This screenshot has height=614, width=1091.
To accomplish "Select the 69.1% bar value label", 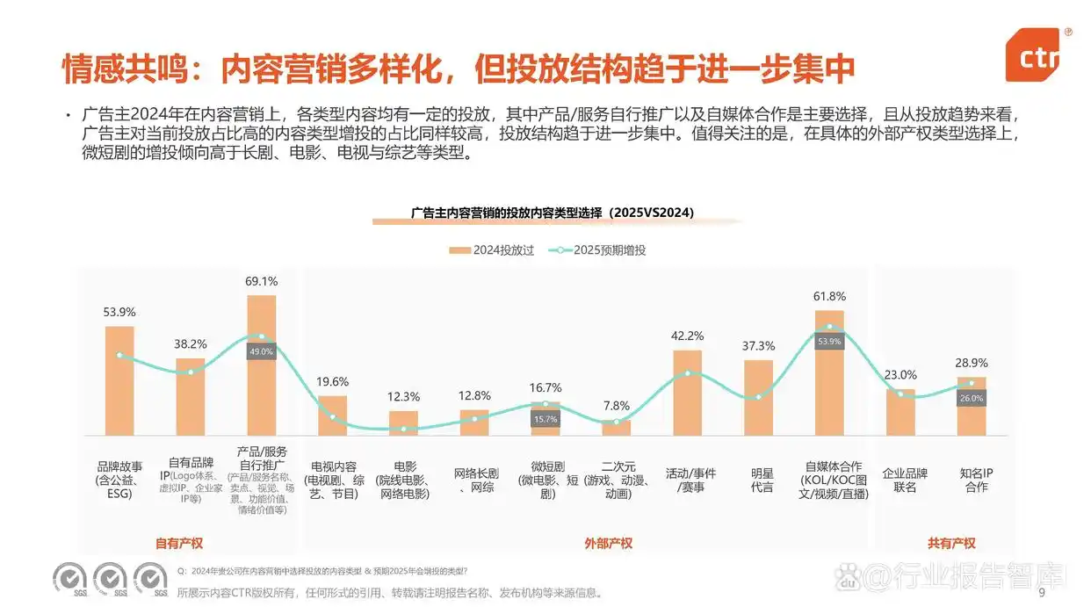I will tap(261, 282).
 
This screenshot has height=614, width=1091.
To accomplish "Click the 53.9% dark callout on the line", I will tap(829, 341).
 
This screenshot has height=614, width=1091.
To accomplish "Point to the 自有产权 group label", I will tap(179, 543).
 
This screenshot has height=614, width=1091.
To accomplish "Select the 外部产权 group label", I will tap(608, 543).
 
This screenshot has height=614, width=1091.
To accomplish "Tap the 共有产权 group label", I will tap(951, 543).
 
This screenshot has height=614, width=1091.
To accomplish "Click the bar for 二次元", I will tap(616, 428).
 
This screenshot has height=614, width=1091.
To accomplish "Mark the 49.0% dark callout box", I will tap(262, 350).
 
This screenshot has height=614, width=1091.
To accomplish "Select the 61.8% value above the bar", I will tap(829, 297).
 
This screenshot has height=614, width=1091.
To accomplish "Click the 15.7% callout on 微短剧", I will tap(545, 419).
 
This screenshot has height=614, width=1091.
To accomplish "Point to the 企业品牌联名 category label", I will tap(905, 480).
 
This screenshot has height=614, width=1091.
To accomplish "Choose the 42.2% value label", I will tap(687, 336).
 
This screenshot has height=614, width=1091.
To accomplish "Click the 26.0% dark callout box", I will tap(972, 398).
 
